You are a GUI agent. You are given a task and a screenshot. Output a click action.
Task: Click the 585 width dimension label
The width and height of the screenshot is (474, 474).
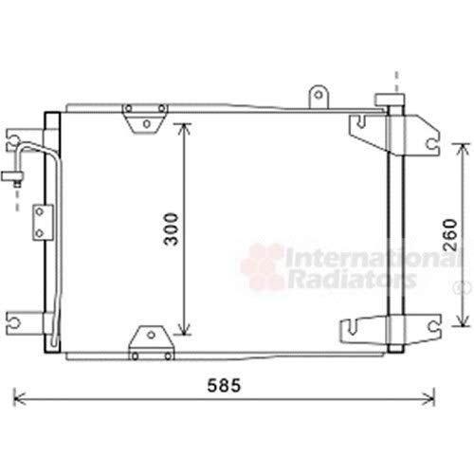(x=224, y=386)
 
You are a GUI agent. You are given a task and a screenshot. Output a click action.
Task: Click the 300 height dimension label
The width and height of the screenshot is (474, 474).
(x=171, y=229)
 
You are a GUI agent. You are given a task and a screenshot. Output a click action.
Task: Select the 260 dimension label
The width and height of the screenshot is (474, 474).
(x=450, y=235)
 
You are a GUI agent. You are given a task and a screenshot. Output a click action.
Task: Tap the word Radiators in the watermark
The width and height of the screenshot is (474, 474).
(x=351, y=279)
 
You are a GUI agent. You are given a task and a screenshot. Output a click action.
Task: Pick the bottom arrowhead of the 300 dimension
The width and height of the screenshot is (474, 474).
(x=184, y=329)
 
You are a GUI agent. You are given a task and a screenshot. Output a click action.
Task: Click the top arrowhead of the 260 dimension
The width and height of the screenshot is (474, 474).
(x=463, y=149)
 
